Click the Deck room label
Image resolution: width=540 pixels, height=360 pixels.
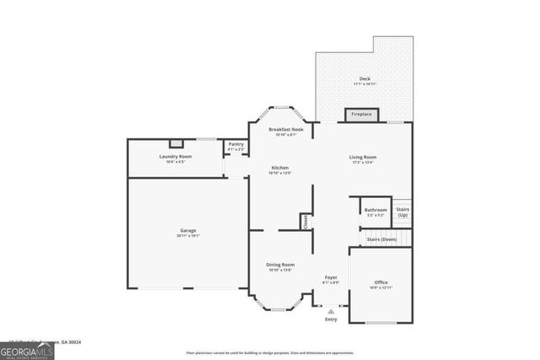pos(364,78)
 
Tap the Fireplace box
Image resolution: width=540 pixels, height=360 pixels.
pos(361,114)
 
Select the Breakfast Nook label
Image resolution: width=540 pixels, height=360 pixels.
pos(281,130)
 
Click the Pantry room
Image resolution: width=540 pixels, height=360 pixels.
pos(235,147)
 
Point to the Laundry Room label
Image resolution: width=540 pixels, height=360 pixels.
pos(175,157)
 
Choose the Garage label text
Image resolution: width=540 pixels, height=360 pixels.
pos(187,231)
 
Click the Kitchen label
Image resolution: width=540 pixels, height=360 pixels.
pos(279,167)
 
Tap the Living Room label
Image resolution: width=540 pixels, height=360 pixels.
pos(363,157)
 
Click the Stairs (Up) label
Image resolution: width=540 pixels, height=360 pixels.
pos(402,212)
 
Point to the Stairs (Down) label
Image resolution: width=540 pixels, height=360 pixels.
pos(382,239)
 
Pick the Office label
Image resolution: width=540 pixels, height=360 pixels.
pos(381,282)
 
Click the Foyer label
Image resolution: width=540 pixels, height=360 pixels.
pos(331,278)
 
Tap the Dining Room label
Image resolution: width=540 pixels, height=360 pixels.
pos(279,266)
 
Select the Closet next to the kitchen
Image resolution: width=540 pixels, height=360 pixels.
pos(305,221)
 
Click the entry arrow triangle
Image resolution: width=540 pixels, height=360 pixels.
pos(331,310)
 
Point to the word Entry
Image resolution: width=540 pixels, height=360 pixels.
pos(331,319)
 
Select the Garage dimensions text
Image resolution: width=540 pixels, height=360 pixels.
pos(187,236)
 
